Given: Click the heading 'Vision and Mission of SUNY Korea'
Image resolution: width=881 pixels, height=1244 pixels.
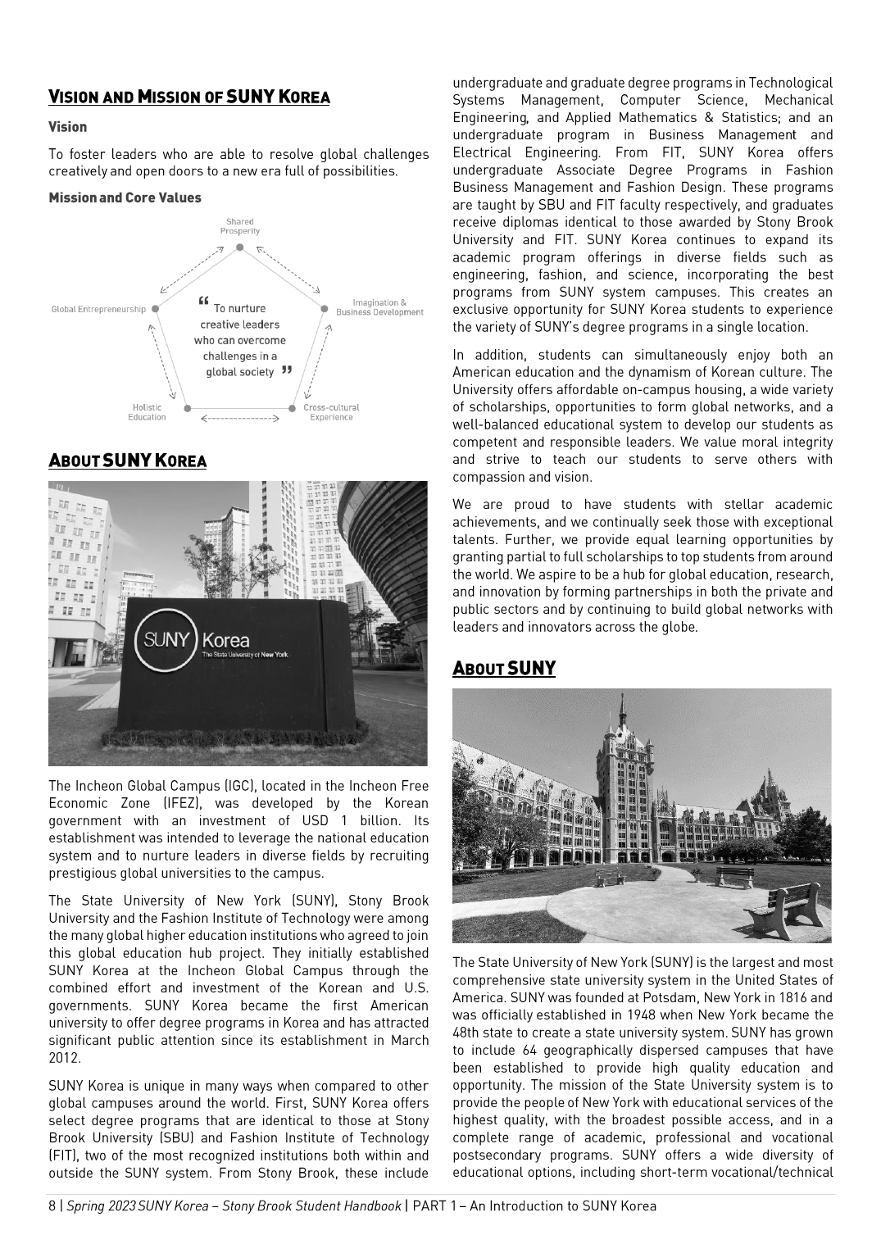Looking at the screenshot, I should coord(188,98).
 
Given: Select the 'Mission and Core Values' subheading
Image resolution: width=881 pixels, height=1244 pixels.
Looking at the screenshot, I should coord(125,197).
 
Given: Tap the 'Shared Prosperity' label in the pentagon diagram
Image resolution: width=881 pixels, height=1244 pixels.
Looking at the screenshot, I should coord(239,226).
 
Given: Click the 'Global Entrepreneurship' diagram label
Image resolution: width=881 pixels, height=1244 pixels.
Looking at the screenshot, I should coord(98,310).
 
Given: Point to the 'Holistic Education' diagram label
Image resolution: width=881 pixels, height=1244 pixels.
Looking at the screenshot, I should coord(147,412).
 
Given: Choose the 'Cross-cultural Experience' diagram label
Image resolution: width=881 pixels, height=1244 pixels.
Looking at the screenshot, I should coord(331,412).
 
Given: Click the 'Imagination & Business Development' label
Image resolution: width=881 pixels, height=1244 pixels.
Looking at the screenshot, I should coord(379,307).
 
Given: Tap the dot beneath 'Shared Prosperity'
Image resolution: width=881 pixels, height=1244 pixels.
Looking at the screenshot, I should coord(239,247).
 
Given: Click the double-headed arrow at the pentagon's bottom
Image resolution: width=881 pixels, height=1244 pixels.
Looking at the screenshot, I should coord(240,418).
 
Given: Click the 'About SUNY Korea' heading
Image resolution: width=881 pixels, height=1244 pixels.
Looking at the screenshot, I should coord(127,461).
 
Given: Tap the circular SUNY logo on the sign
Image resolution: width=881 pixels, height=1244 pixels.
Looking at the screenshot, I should coord(166,641).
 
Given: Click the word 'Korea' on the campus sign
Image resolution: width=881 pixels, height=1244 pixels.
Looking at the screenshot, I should coord(225,640).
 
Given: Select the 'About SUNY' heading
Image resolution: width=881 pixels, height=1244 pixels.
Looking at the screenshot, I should coord(504,669).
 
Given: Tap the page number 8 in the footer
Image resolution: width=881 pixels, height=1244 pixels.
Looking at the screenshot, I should coord(52,1205).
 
